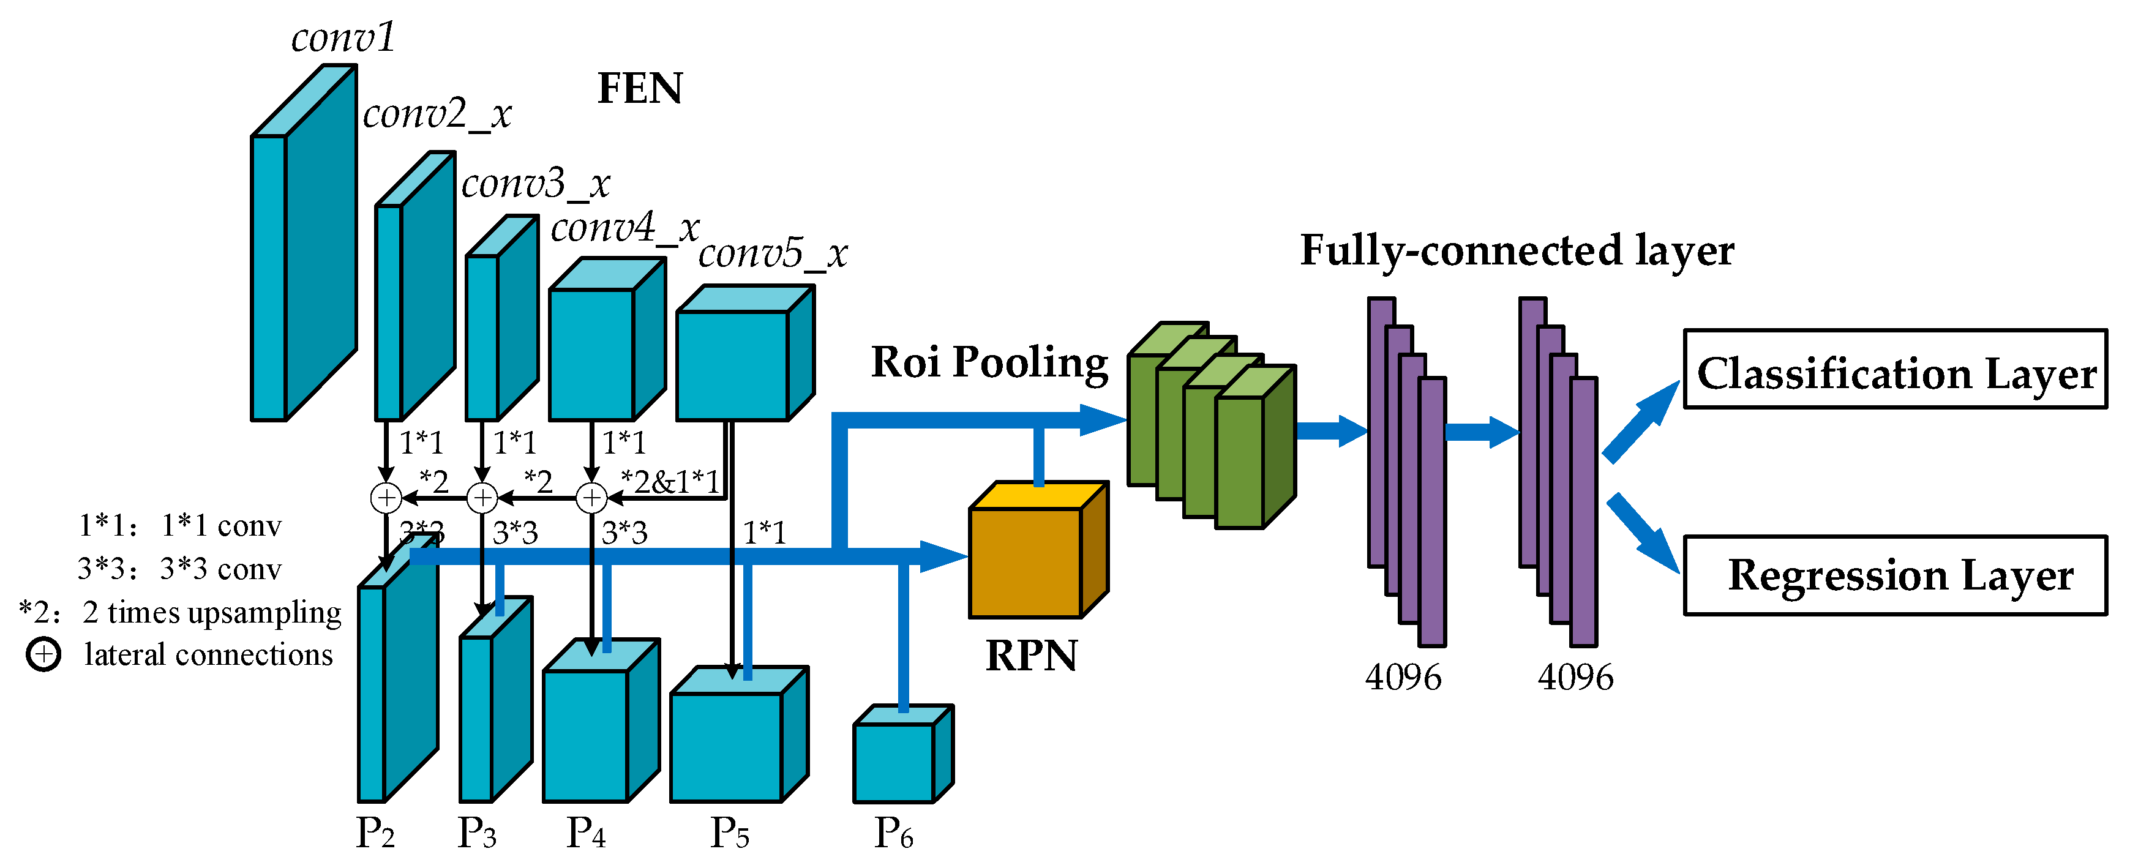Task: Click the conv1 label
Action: pos(343,38)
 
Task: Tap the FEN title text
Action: pos(640,89)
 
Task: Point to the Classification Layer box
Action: pos(1894,370)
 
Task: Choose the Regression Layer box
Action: pos(1894,575)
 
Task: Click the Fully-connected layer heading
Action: pos(1517,250)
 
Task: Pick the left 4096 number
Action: pos(1403,677)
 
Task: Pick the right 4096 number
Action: pos(1575,677)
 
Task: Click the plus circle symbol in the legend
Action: pos(43,655)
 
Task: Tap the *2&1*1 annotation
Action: pos(670,481)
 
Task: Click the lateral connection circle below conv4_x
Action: pos(591,498)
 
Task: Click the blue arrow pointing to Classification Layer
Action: pos(1641,422)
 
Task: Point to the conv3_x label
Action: pos(535,184)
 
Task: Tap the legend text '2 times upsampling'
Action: pos(212,612)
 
